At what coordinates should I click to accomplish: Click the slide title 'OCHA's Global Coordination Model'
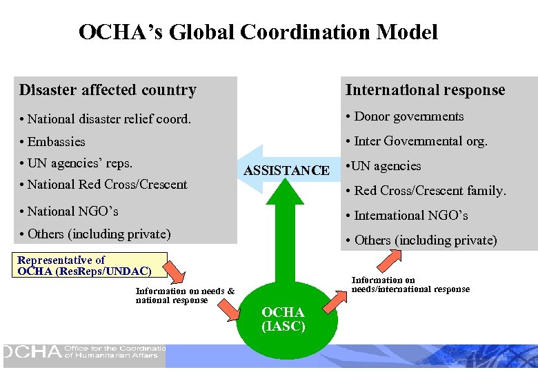pos(258,32)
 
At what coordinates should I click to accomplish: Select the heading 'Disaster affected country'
pos(108,90)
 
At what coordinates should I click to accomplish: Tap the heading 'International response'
pos(425,90)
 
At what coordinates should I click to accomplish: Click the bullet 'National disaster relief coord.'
pos(109,118)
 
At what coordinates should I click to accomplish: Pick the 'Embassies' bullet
pos(57,141)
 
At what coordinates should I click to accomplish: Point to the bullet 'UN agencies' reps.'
pos(80,163)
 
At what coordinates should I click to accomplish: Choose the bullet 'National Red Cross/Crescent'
pos(108,184)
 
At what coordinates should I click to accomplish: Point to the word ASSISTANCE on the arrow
pos(287,170)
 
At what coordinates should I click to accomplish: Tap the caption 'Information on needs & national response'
pos(185,296)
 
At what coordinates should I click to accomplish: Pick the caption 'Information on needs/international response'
pos(410,285)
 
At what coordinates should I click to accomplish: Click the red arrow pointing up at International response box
pos(391,260)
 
